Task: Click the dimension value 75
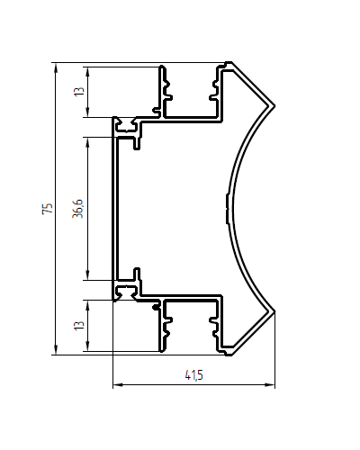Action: [x=48, y=208]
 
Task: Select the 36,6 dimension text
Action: [x=78, y=208]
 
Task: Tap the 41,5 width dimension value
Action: [x=193, y=375]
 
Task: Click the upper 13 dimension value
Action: [x=79, y=91]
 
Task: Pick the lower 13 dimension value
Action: [x=79, y=326]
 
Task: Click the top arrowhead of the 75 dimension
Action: [x=56, y=67]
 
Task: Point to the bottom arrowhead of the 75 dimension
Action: [x=56, y=350]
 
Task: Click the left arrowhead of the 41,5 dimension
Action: [x=118, y=384]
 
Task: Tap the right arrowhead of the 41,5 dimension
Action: [x=270, y=384]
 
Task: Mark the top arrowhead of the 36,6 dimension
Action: [x=87, y=142]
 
